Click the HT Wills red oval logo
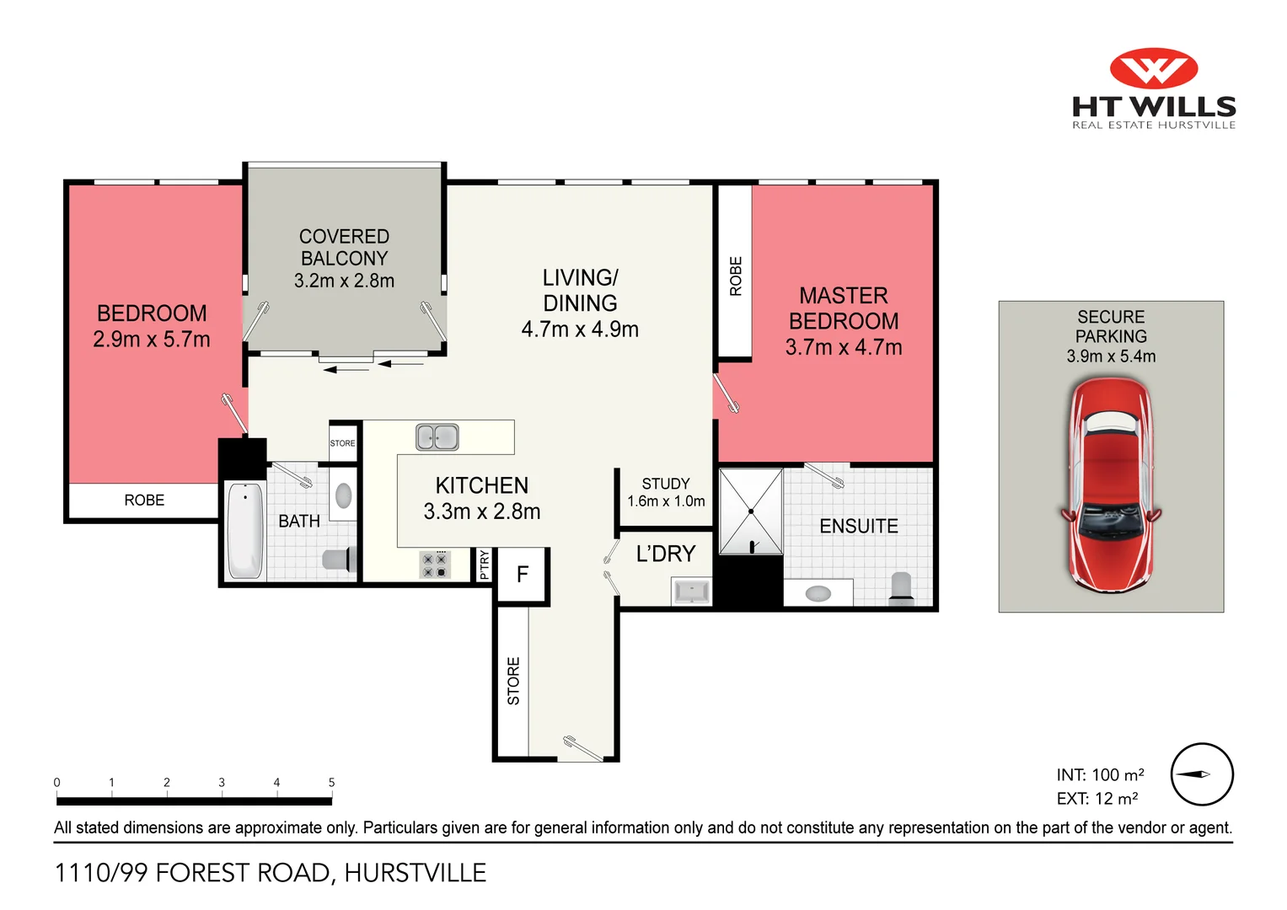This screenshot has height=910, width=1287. point(1153,68)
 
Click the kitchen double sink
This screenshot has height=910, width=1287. point(437,437)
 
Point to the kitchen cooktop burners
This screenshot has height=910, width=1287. point(434,565)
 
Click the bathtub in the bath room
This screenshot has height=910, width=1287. point(245,530)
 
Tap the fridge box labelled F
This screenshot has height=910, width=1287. point(523,575)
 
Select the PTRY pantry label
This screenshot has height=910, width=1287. point(484,564)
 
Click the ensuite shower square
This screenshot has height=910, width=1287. point(750,511)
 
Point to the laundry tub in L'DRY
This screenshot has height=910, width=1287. point(691,591)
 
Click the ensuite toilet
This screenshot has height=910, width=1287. point(901,588)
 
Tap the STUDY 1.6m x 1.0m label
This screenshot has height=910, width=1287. point(666,492)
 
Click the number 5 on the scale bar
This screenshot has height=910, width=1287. point(331,782)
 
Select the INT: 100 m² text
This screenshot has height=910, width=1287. point(1100,774)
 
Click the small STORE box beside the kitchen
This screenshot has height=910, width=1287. point(343,443)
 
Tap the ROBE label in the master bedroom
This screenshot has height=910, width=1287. point(735,276)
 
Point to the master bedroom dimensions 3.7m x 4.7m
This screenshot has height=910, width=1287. point(844,347)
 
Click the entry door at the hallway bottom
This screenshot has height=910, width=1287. point(582,748)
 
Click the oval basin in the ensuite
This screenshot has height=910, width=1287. point(818,594)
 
